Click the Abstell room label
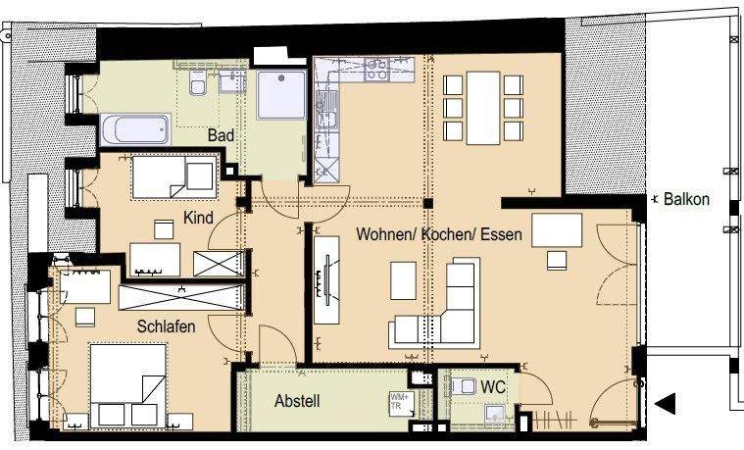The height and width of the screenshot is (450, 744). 297,400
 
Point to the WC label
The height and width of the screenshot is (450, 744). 493,388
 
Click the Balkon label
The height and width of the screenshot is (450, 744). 686,199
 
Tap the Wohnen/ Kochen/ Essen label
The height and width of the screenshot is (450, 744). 444,236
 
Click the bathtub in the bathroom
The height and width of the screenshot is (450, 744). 135,129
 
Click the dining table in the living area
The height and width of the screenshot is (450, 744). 483,106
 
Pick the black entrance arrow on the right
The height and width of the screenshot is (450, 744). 666,403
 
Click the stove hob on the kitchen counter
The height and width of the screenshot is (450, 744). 377,69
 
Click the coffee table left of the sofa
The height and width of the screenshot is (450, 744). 403,280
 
